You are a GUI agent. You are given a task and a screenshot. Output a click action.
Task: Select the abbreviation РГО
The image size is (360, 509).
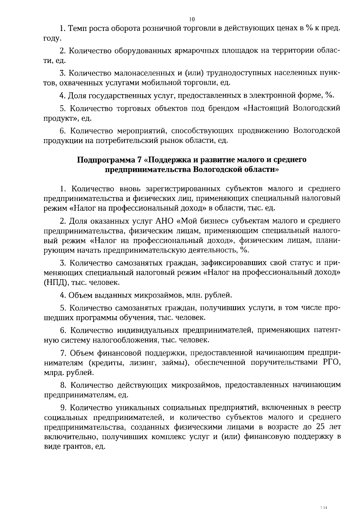coord(331,363)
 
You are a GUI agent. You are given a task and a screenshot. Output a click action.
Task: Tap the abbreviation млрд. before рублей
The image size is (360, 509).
coord(54,373)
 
